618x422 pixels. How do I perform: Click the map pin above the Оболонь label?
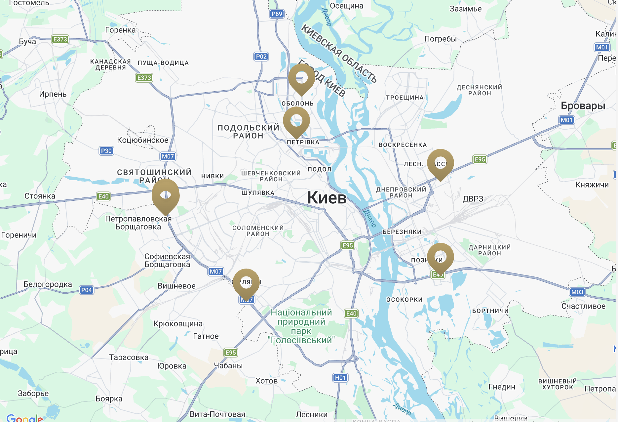coord(301,78)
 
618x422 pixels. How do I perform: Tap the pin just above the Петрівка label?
coord(296,121)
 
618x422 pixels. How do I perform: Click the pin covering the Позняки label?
coord(440,257)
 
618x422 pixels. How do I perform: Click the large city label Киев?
coord(327,198)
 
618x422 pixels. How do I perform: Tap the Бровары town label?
coord(583,106)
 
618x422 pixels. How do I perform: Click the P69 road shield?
coord(277,14)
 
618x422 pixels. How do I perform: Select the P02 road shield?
coord(261,57)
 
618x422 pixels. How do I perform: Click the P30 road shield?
coord(106,151)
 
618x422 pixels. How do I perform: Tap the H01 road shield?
coord(340,378)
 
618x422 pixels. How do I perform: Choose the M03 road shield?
coord(577,292)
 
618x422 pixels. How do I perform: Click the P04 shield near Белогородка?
coord(86,290)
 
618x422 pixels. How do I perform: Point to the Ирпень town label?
coord(53,94)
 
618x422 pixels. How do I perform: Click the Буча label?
coord(27,42)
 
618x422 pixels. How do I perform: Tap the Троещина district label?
coord(405,98)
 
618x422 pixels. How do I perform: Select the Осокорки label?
coord(404,300)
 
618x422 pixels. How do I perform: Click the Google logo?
coord(25,418)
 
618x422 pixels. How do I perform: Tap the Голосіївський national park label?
coord(301,326)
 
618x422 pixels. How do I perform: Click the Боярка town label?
coord(109,399)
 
